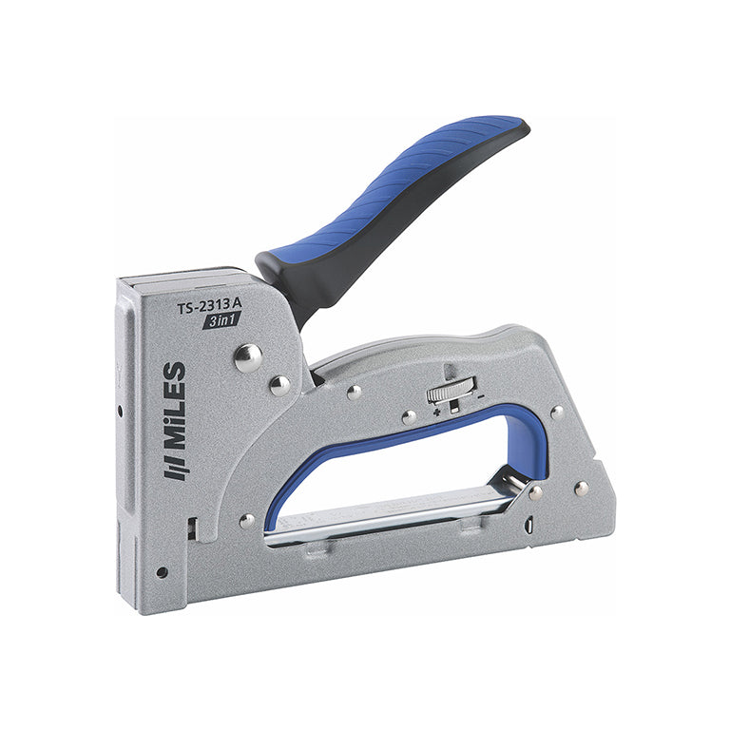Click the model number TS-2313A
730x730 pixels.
(x=209, y=306)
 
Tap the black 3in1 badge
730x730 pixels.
(x=221, y=320)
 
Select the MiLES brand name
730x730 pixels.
(x=175, y=406)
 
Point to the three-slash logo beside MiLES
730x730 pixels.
(x=176, y=468)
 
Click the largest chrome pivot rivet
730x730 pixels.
(x=248, y=358)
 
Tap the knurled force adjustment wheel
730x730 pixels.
(x=451, y=390)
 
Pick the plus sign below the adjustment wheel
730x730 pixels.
(x=436, y=412)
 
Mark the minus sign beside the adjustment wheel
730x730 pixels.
(x=481, y=396)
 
